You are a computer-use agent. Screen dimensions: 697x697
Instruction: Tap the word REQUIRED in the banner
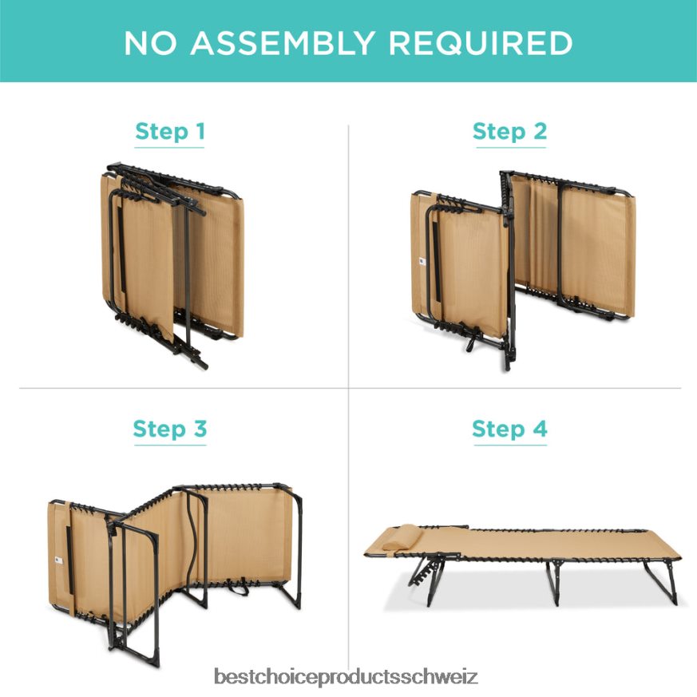(481, 43)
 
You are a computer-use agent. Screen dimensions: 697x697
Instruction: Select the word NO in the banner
(150, 43)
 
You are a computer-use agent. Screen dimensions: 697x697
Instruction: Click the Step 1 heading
(170, 132)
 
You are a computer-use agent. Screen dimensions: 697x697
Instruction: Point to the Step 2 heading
(510, 132)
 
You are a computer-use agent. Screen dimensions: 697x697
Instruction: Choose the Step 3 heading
(170, 429)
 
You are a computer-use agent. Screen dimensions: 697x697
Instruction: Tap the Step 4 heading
(510, 429)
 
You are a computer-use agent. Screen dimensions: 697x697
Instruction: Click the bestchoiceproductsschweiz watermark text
(346, 677)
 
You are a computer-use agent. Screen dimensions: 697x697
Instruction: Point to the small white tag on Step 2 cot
(422, 261)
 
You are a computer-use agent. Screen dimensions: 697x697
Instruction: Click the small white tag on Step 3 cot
(58, 561)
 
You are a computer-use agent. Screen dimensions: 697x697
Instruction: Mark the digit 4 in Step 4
(540, 429)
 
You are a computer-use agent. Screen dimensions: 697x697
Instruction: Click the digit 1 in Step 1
(200, 131)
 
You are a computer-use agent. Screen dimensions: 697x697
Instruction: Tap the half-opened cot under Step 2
(523, 271)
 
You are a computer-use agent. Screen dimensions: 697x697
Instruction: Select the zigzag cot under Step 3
(175, 574)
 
